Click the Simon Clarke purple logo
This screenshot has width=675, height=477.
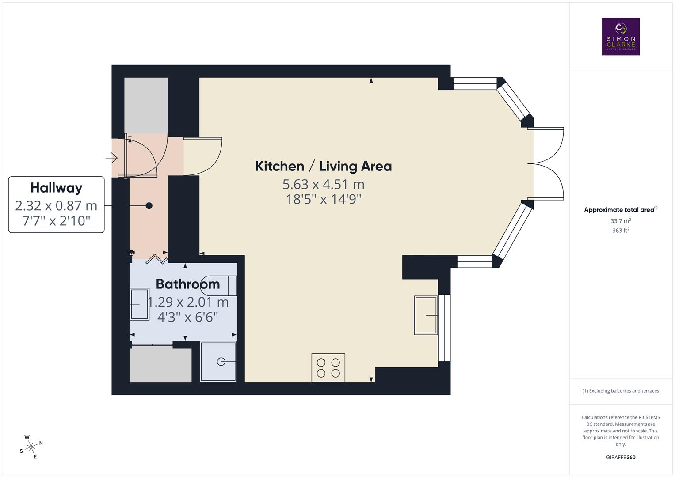(621, 37)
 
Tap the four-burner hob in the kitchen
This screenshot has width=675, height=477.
(328, 367)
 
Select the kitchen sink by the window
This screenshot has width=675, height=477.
(426, 315)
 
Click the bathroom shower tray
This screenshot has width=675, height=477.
(218, 361)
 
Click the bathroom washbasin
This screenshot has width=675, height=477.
(139, 304)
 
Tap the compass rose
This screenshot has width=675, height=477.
(31, 447)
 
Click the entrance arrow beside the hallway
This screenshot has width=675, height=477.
(111, 157)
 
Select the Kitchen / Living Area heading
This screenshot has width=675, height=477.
(324, 167)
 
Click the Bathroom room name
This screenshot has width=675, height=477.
(187, 284)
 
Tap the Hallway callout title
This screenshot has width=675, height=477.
(56, 188)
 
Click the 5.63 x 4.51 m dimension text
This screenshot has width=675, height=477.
(324, 184)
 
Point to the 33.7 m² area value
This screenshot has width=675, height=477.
(621, 221)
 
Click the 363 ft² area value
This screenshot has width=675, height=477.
(621, 231)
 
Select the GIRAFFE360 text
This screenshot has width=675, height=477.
(621, 457)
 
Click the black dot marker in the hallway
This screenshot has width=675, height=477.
(149, 205)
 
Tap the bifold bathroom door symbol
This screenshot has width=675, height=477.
(157, 259)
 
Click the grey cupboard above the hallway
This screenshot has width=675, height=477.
(146, 105)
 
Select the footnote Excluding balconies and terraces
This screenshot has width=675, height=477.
(621, 391)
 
